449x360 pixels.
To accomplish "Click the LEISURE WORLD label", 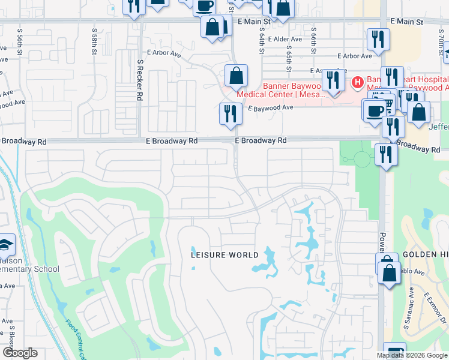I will [224, 254].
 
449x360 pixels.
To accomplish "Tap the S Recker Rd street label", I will [140, 80].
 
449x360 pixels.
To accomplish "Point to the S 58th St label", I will [95, 40].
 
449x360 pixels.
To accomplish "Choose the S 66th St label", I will [313, 40].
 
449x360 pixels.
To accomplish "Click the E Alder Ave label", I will [285, 39].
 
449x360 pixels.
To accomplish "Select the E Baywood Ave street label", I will [271, 107].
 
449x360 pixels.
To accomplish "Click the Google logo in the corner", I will [19, 353].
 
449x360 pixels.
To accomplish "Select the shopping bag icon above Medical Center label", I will [237, 76].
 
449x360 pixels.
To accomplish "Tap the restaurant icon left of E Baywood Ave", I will [231, 113].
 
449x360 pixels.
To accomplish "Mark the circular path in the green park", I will [361, 159].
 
